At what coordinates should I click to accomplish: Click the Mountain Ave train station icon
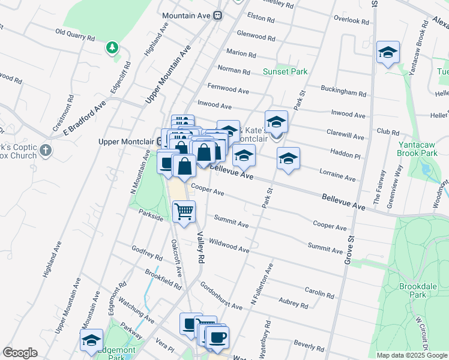[219, 16]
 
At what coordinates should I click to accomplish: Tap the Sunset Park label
[285, 71]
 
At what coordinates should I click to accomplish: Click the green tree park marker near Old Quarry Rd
[111, 47]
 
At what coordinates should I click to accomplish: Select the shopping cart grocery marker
[184, 211]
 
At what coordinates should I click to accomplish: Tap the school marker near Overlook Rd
[388, 53]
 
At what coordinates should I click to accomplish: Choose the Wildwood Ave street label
[229, 245]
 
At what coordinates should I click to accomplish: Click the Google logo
[20, 353]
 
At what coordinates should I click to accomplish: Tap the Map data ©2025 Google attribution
[412, 355]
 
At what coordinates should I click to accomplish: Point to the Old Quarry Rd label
[75, 34]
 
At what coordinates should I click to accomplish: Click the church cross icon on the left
[46, 150]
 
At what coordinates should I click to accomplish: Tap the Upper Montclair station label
[127, 142]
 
